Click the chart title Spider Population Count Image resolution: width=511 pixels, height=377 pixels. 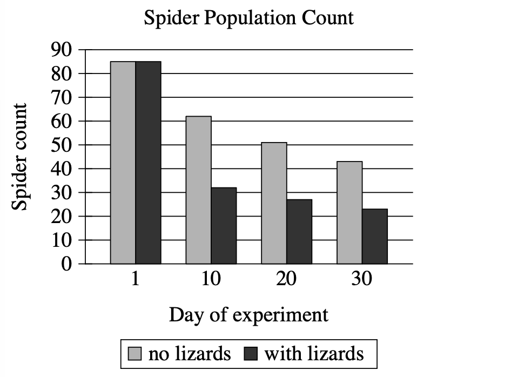click(248, 18)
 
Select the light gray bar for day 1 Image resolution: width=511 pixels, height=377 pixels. click(123, 162)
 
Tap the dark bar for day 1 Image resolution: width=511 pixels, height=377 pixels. click(148, 162)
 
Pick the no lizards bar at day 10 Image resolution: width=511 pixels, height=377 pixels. click(199, 190)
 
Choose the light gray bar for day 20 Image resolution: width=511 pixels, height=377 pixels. click(274, 203)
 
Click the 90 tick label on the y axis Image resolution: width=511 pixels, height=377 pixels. click(61, 50)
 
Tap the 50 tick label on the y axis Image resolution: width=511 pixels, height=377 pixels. click(61, 145)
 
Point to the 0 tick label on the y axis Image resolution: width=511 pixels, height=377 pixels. click(66, 264)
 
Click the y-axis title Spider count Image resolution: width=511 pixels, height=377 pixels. click(20, 157)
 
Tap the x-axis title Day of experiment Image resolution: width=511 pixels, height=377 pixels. click(248, 314)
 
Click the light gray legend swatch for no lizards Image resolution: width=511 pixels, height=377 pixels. click(135, 354)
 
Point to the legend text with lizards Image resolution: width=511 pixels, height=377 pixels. click(314, 354)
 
